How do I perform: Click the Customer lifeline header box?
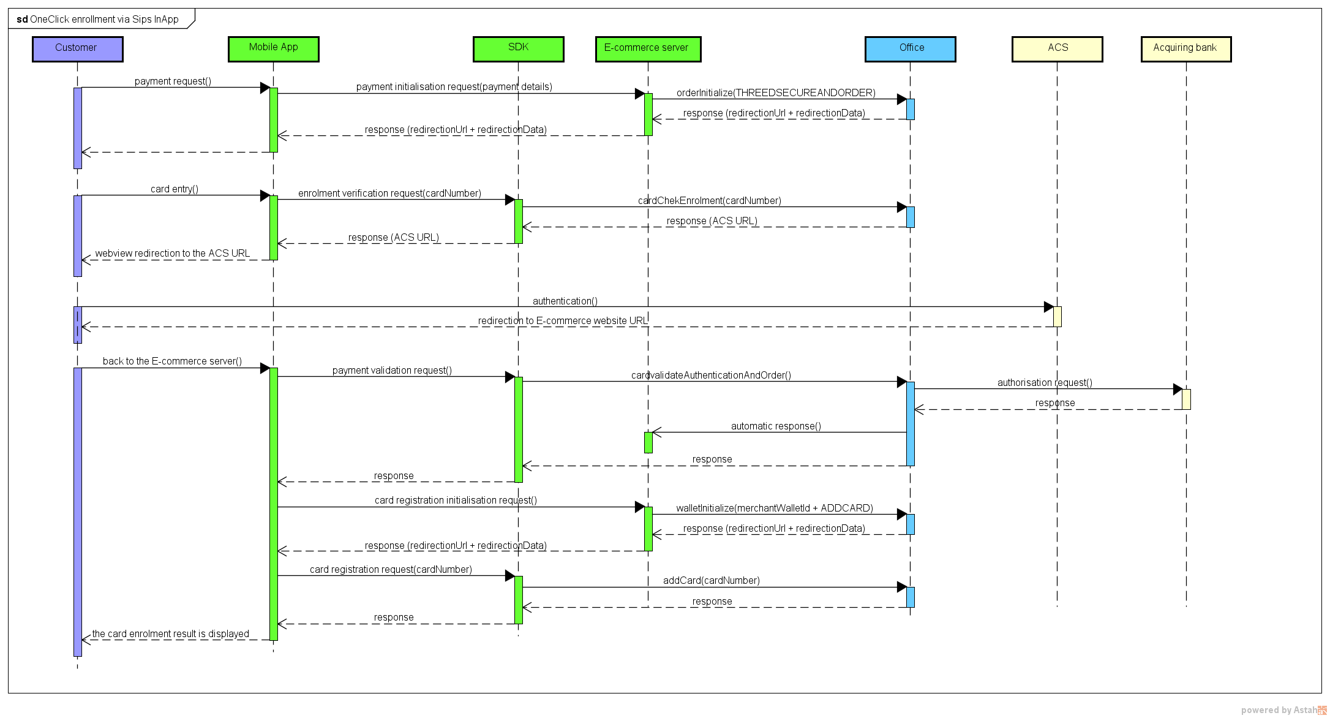(77, 48)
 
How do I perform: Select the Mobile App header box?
(273, 48)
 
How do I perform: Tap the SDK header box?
(518, 48)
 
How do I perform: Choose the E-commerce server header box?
(648, 48)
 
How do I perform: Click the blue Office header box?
(910, 48)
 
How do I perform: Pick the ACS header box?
(1057, 48)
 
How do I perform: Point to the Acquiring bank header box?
(1185, 48)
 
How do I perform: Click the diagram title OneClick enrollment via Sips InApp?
(98, 20)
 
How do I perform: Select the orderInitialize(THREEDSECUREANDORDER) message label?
(776, 93)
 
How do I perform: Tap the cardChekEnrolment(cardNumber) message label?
(709, 200)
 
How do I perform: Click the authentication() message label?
(565, 301)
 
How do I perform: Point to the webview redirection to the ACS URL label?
(172, 253)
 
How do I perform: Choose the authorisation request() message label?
(1044, 382)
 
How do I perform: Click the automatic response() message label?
(776, 426)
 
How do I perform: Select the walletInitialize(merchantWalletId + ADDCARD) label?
(774, 508)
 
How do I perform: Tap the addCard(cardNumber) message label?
(711, 580)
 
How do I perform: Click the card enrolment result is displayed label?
(170, 633)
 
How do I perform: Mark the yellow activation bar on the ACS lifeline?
(1057, 317)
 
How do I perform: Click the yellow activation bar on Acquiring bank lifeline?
(1186, 399)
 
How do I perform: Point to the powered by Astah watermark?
(1282, 710)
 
